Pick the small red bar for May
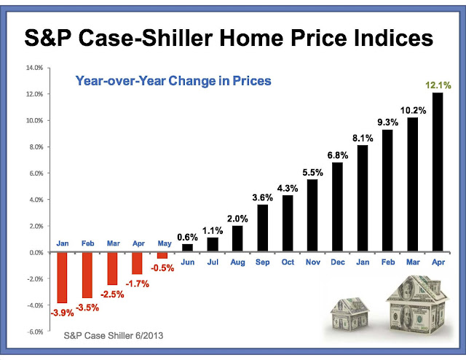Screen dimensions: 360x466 (x=162, y=255)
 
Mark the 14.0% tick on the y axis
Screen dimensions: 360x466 (x=34, y=68)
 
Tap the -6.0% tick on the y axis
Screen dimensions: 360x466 (x=33, y=332)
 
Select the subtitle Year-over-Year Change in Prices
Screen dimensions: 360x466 (x=173, y=81)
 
